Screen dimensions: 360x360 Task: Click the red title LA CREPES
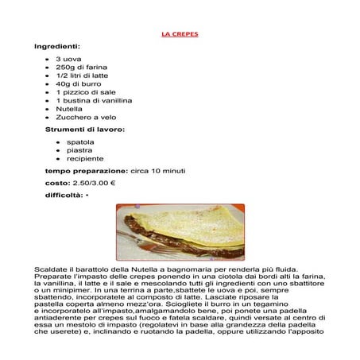click(x=180, y=35)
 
